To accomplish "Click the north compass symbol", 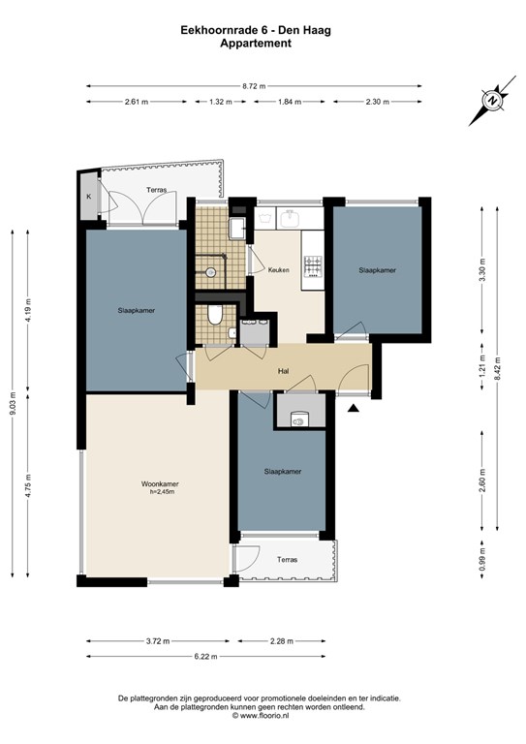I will coord(492,101).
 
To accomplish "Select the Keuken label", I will coord(280,270).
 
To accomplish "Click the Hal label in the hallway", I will coord(284,370).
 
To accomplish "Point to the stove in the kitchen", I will coord(313,266).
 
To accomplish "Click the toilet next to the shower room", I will coord(216,315).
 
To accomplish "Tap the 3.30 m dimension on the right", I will coord(482,265).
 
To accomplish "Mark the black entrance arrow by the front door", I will coord(354,410).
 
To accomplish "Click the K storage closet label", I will coord(89,197).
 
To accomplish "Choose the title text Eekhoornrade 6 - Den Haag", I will coord(256,30).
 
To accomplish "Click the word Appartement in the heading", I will coord(256,43).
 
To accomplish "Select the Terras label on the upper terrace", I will coord(157,190).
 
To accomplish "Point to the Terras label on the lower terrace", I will coord(288,560).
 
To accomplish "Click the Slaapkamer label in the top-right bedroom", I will coord(378,270).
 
